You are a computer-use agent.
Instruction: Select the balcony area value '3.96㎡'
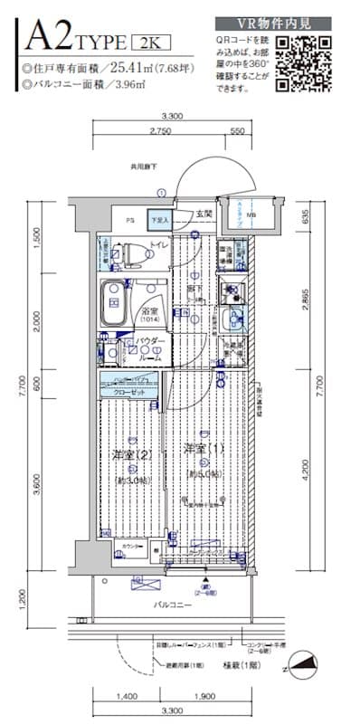coord(129,85)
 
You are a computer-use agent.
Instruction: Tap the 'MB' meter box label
coord(251,215)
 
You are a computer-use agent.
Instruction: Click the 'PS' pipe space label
coord(129,219)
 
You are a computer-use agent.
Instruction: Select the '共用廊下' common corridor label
coord(144,167)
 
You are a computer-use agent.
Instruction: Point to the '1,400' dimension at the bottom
coord(127,697)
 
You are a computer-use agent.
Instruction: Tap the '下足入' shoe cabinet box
coord(159,220)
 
